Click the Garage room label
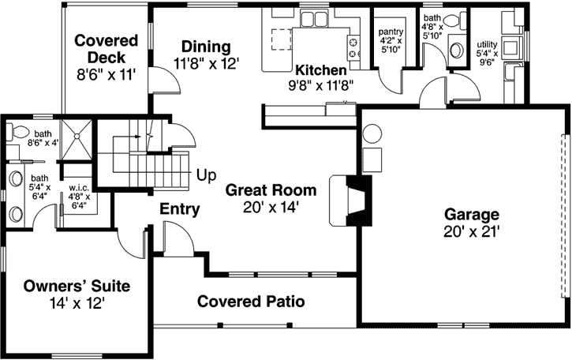471,214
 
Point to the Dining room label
206,46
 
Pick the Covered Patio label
250,302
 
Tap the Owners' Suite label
76,285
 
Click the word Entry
179,209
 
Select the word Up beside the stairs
207,174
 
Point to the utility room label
487,45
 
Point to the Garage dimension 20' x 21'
471,231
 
